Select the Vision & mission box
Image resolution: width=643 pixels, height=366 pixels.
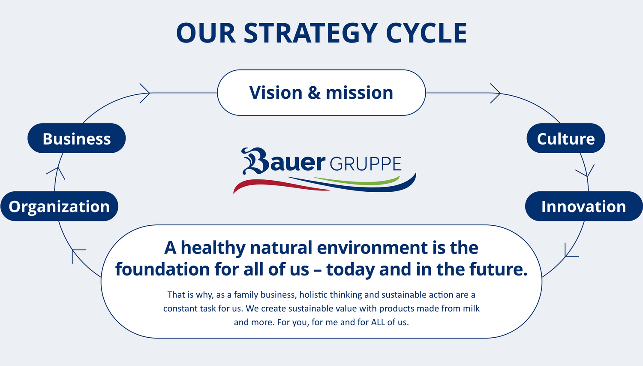click(321, 93)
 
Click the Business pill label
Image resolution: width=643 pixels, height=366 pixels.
click(77, 138)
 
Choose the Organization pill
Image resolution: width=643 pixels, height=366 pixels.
click(60, 206)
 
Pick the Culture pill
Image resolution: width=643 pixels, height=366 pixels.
click(566, 138)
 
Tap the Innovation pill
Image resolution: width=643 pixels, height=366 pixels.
click(584, 206)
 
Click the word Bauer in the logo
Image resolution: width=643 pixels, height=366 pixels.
click(283, 161)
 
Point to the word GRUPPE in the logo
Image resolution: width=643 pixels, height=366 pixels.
click(365, 164)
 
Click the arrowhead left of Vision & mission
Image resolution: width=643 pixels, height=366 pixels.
click(145, 94)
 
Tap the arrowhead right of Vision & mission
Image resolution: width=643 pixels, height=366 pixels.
click(496, 94)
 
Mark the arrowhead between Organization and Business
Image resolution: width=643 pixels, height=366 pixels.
click(57, 173)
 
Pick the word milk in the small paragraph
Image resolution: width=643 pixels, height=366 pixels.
click(472, 309)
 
